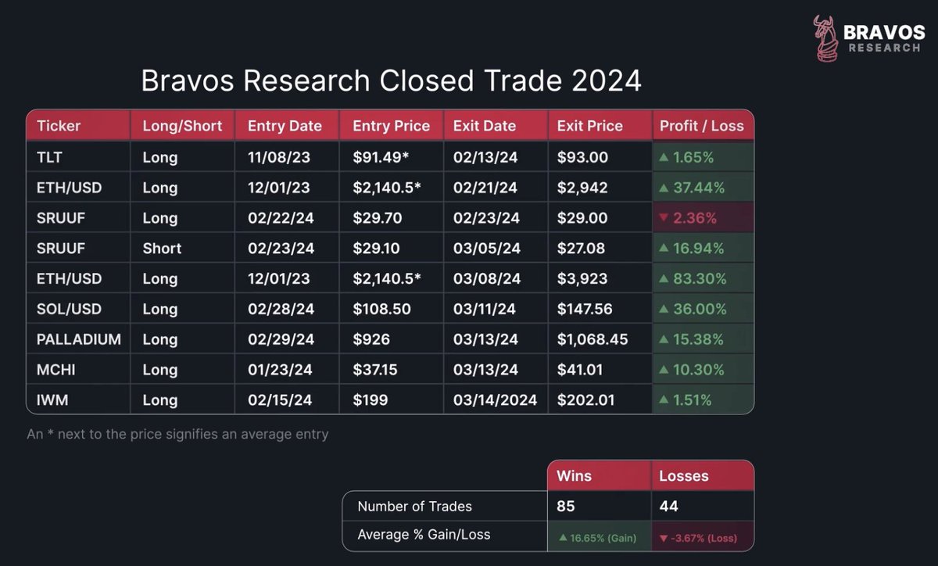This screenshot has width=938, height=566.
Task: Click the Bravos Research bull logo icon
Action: click(825, 38)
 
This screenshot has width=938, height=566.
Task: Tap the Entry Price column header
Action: click(391, 126)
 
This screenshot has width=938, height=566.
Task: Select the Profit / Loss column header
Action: click(702, 126)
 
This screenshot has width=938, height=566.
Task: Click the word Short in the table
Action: click(162, 249)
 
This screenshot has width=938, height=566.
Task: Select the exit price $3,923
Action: click(582, 278)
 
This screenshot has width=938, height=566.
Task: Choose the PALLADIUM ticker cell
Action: click(79, 339)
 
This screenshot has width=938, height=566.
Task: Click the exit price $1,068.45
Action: click(593, 339)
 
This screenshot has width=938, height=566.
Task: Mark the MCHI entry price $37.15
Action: click(374, 370)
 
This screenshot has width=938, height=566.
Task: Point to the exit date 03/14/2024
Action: click(495, 400)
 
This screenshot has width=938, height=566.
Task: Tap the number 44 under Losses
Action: click(668, 506)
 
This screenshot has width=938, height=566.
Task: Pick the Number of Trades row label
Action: click(414, 507)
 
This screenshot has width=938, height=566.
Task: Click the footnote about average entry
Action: click(177, 435)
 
